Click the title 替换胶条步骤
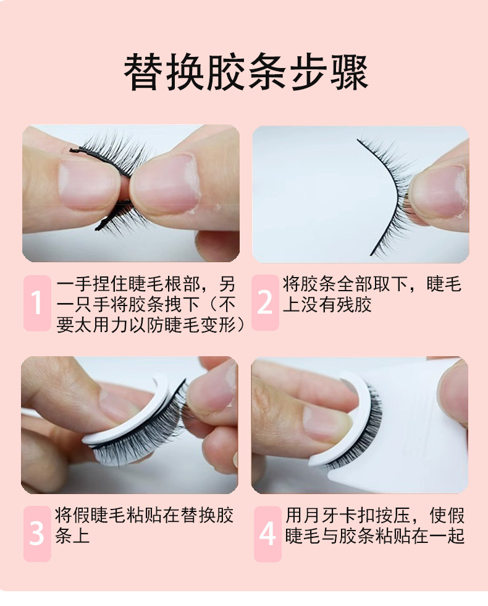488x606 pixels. (246, 72)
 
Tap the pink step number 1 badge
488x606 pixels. (37, 303)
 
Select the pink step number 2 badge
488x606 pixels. (265, 302)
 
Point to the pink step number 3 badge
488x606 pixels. (37, 534)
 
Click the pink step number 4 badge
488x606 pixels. (267, 534)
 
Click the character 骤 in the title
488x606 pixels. (349, 72)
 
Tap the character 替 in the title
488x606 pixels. (143, 72)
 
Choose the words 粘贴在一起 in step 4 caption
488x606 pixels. (419, 536)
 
